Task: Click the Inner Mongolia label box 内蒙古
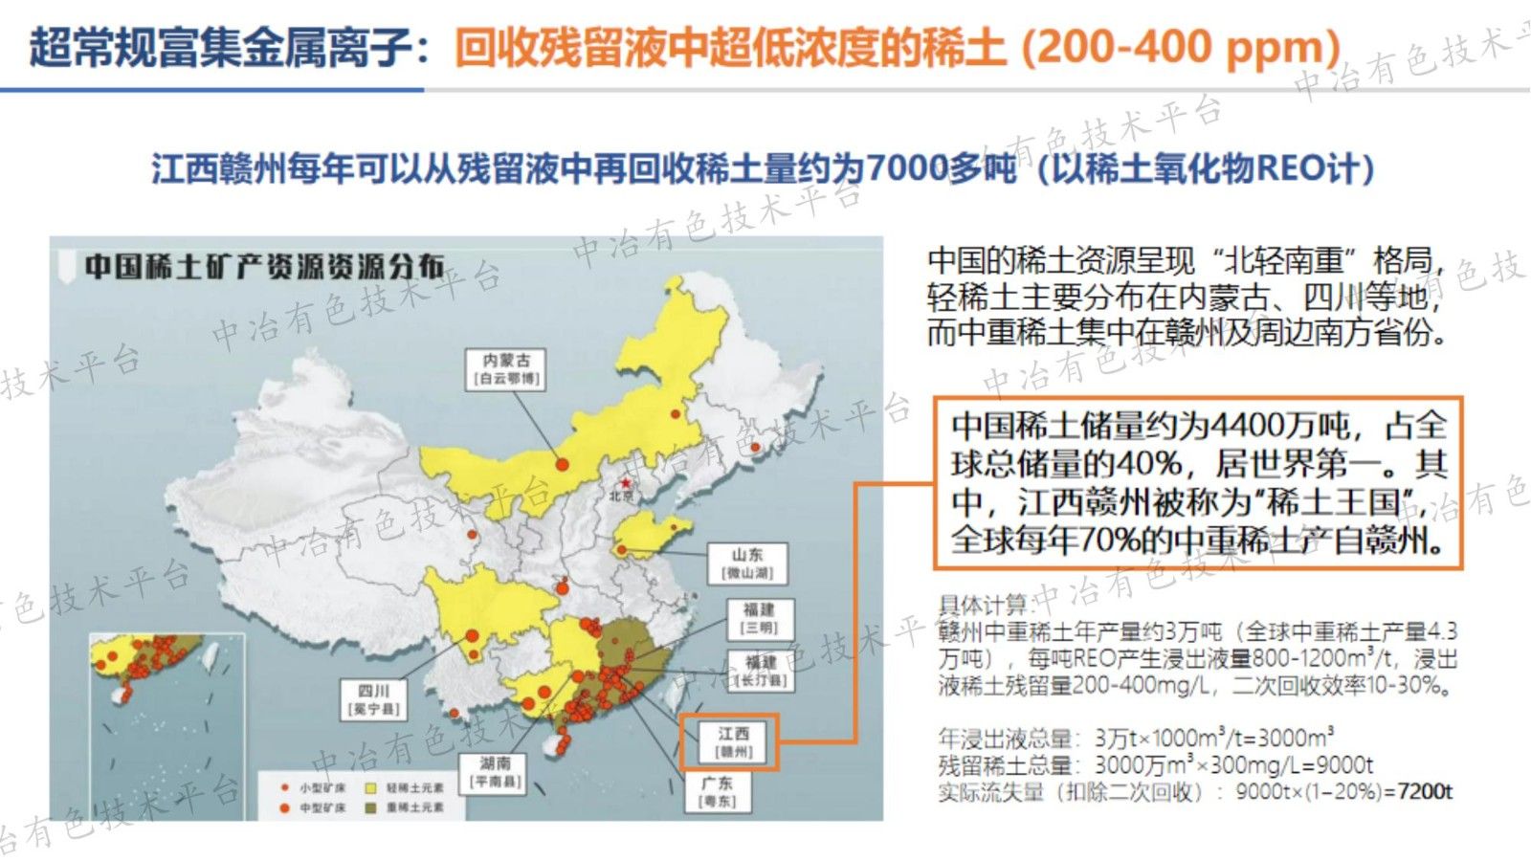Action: tap(507, 368)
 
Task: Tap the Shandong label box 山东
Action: tap(747, 563)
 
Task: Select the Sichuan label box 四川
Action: tap(374, 699)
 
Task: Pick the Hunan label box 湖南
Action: tap(496, 771)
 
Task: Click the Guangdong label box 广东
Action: tap(718, 791)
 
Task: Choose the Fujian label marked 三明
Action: tap(760, 618)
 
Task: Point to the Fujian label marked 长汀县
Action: tap(760, 671)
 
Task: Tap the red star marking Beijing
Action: tap(626, 483)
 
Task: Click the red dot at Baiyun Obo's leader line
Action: tap(563, 465)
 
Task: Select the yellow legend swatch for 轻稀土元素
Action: tap(369, 787)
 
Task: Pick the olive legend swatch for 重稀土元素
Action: tap(369, 807)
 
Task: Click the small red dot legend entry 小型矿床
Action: tap(284, 787)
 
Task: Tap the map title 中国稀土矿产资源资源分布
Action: tap(264, 265)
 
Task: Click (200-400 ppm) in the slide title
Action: tap(1181, 46)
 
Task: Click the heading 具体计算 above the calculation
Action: tap(982, 605)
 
